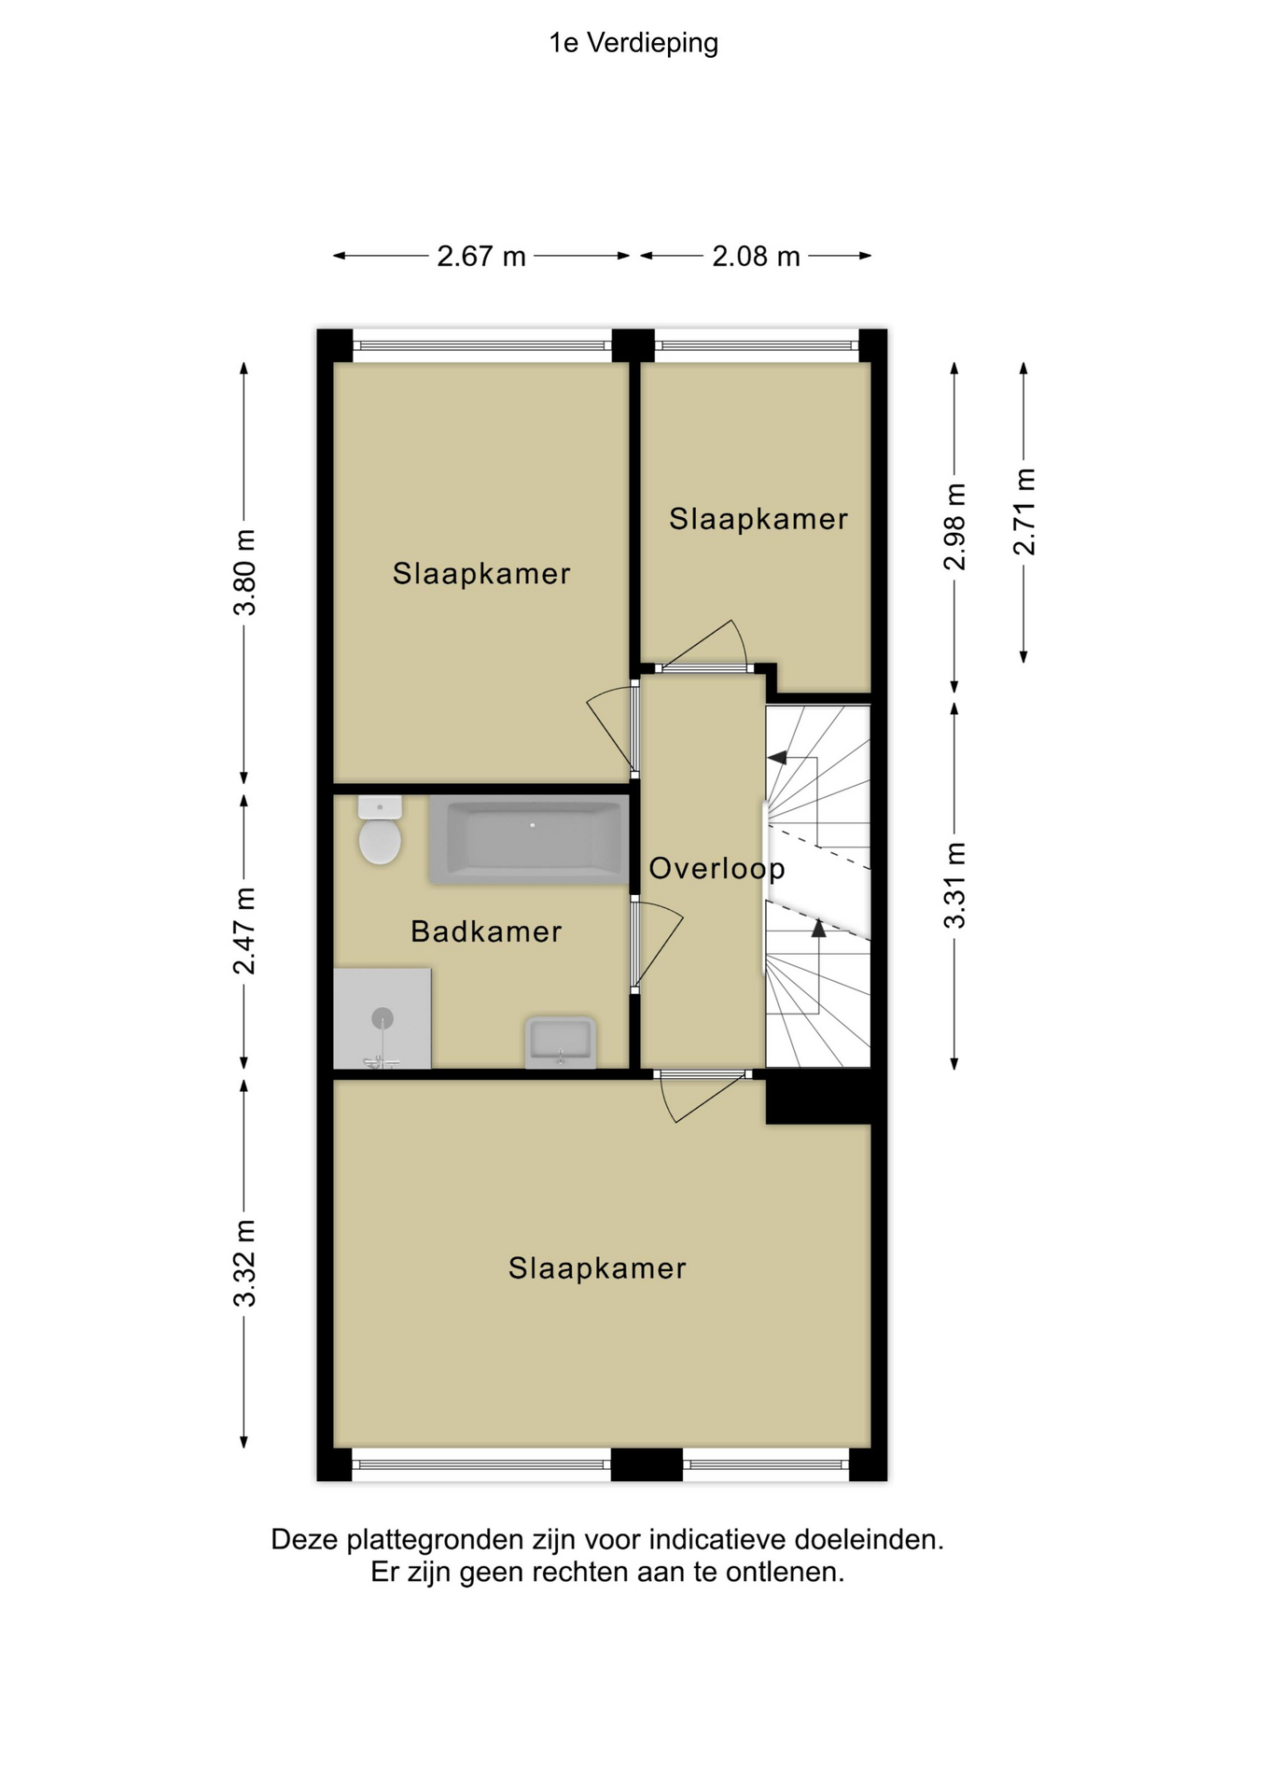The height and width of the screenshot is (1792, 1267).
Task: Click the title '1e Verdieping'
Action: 633,44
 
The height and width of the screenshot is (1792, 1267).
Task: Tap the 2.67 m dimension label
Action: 481,256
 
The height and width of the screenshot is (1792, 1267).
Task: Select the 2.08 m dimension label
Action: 756,256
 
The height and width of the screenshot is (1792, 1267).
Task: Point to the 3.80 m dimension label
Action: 244,572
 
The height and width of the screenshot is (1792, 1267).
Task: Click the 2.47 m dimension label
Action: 244,931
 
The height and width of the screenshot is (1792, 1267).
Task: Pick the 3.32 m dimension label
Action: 244,1263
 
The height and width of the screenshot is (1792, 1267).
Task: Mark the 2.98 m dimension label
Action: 954,526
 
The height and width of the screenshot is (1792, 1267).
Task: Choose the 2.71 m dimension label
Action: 1024,511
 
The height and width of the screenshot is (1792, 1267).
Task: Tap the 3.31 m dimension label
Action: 954,885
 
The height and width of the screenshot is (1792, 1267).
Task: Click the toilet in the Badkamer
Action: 380,830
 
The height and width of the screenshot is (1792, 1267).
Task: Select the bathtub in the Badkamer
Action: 528,840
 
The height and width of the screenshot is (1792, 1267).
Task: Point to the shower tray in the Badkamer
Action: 383,1018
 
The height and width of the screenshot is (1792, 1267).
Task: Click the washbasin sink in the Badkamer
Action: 561,1042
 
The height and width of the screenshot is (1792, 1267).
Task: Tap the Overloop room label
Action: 717,870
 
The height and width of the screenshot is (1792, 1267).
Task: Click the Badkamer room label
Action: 486,931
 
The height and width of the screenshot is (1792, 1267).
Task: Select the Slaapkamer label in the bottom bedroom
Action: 597,1268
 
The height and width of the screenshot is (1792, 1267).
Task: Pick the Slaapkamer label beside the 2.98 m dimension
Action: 759,519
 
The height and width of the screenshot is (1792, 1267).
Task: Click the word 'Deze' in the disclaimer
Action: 305,1539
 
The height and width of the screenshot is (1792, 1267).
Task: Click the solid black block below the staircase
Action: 819,1097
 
